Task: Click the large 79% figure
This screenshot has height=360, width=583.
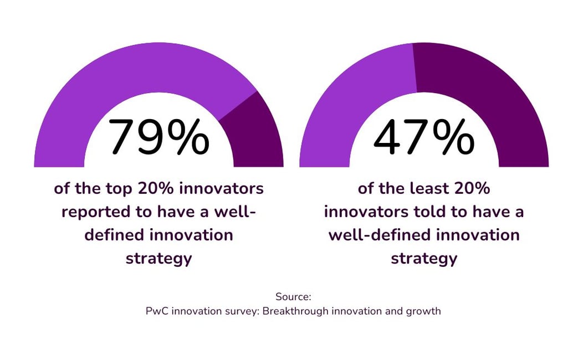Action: [158, 137]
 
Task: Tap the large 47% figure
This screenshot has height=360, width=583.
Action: [423, 137]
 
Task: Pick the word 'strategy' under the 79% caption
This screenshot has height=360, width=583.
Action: [158, 259]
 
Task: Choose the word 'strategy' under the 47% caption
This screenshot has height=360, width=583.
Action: [424, 259]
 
